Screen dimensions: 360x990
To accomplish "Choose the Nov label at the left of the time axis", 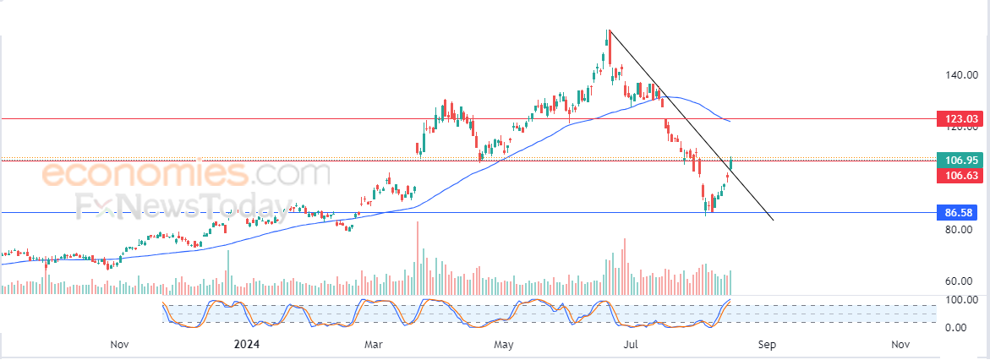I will point(118,344).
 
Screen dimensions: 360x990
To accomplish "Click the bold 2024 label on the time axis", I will point(247,344).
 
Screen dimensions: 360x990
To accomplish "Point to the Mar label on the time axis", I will point(375,344).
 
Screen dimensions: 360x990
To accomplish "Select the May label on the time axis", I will point(504,344).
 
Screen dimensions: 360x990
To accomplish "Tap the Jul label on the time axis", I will point(631,344).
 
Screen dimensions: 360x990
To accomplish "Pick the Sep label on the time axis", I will point(767,344).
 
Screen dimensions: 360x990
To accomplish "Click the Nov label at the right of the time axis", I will point(900,344).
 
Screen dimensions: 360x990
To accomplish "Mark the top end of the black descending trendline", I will point(609,31).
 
